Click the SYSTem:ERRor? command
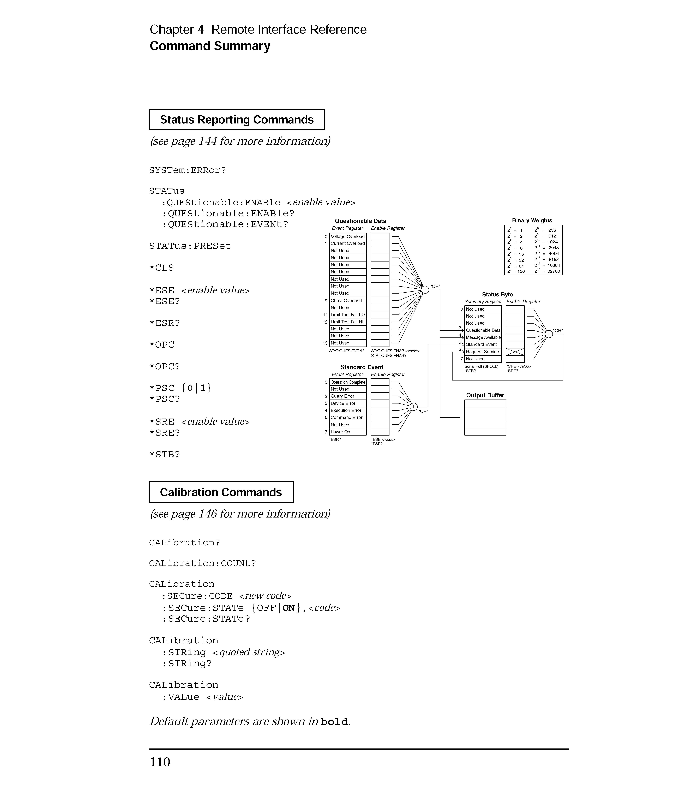pos(188,170)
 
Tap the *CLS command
pos(162,268)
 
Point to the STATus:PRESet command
pos(190,246)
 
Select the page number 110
pos(160,762)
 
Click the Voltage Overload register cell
pos(347,237)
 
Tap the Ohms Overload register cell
pos(347,300)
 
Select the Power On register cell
pos(347,432)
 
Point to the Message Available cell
pos(483,337)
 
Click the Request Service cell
pos(483,352)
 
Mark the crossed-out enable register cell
pos(515,352)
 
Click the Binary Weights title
pos(532,220)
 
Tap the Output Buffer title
pos(485,395)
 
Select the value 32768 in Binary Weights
pos(553,271)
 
